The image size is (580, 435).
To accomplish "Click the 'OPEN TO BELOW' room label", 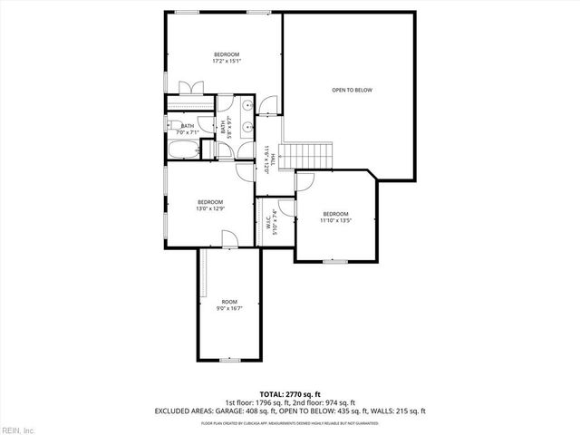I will click(x=352, y=90).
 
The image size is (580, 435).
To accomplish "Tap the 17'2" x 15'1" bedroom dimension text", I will click(x=225, y=62).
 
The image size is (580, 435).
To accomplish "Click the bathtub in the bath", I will click(x=187, y=149).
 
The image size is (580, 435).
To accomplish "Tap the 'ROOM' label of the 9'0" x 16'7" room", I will click(x=229, y=302).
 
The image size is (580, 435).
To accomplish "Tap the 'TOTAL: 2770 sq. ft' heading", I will click(x=289, y=393).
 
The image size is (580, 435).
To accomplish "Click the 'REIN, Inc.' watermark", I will click(x=17, y=429).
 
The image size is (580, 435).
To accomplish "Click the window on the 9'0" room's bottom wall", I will click(x=230, y=360).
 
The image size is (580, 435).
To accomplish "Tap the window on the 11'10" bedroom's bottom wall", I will click(x=334, y=261).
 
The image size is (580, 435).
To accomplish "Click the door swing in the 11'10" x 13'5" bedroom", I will click(x=305, y=180).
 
